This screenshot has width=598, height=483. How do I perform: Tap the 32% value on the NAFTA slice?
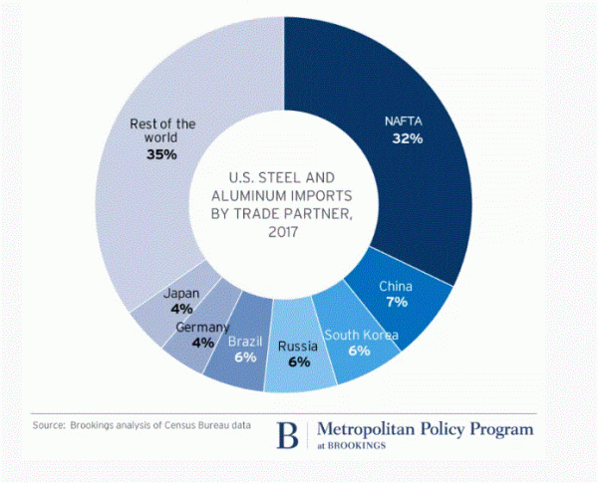(407, 138)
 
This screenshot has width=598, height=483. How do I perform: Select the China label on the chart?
(396, 287)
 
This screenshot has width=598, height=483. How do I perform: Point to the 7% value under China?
(396, 303)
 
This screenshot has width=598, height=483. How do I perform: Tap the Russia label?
(298, 346)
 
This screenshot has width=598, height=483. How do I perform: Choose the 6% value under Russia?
(298, 362)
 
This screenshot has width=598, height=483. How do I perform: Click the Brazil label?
(245, 341)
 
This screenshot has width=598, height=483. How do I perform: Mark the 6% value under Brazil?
(245, 357)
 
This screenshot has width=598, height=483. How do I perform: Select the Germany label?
(203, 328)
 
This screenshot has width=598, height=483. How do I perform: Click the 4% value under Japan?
(181, 309)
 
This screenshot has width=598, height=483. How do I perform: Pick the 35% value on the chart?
(161, 155)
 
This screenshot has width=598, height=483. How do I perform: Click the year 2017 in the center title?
(284, 231)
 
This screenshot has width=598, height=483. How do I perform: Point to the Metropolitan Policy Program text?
(424, 428)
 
